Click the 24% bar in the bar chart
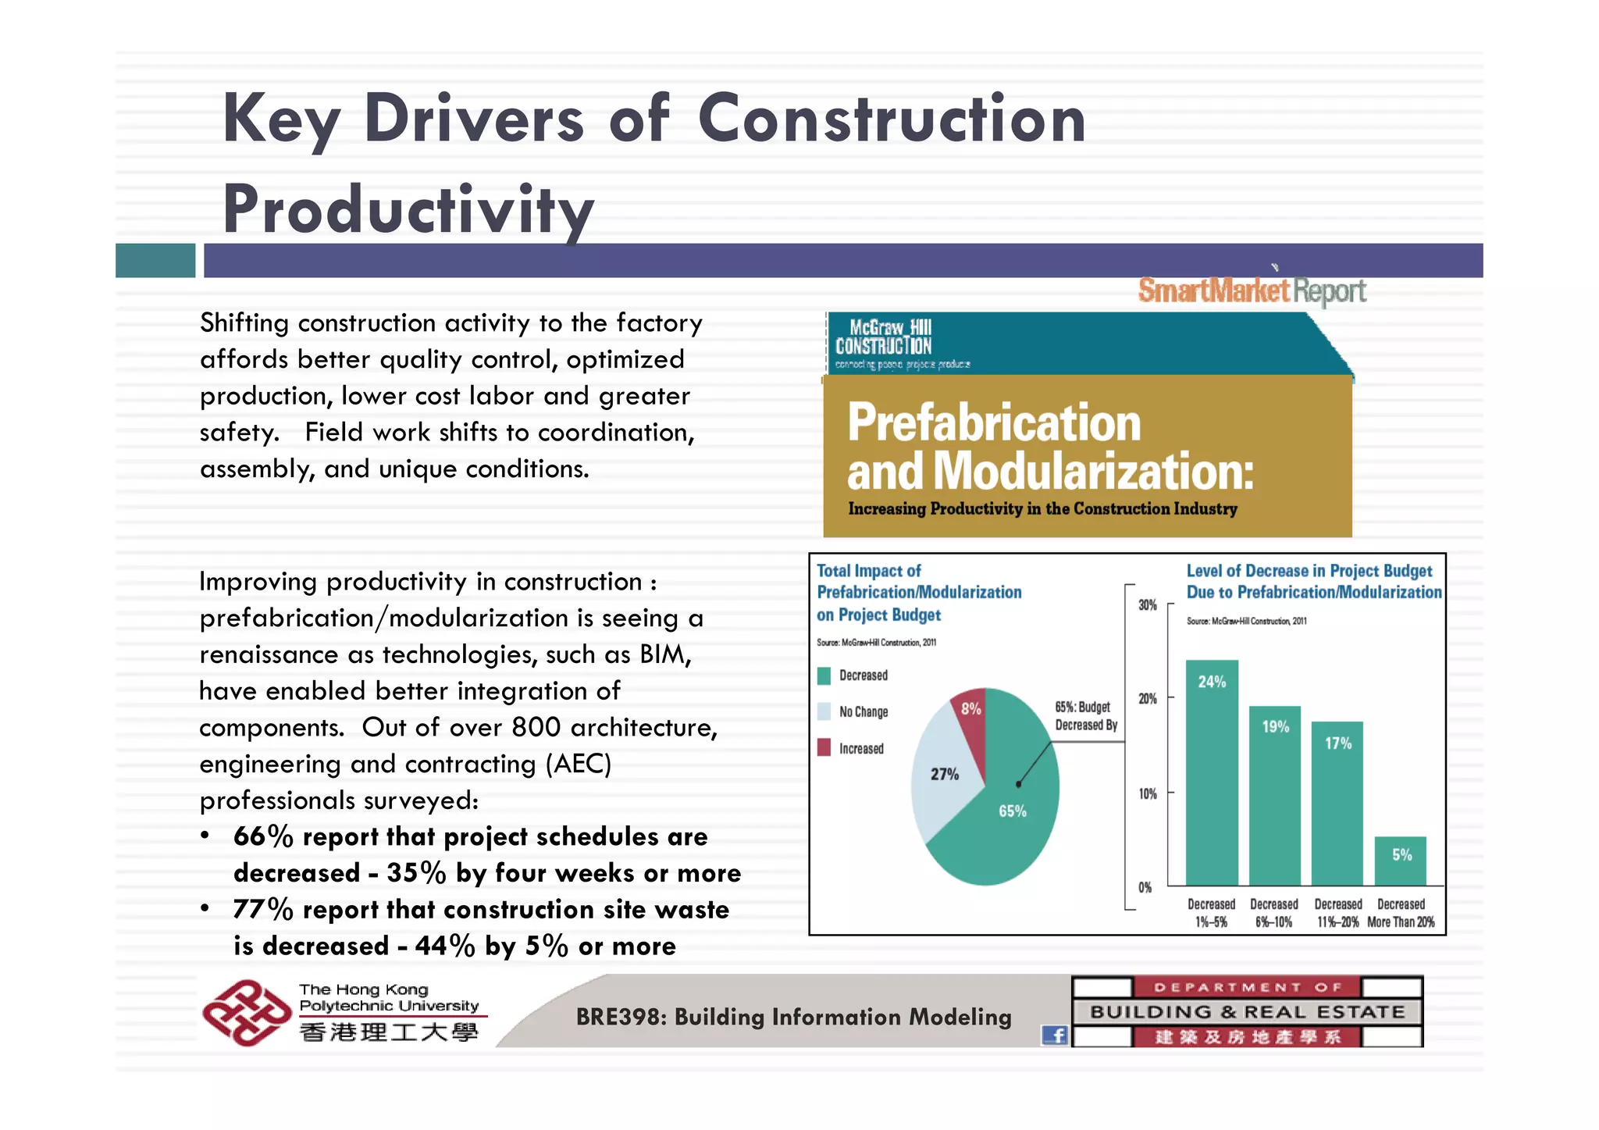click(x=1212, y=773)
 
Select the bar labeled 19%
click(x=1274, y=797)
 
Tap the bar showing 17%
click(x=1337, y=804)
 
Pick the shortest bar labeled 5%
click(x=1400, y=861)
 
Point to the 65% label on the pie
click(x=1013, y=811)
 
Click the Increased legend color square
click(x=824, y=747)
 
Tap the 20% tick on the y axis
click(x=1148, y=699)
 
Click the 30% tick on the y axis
click(x=1148, y=605)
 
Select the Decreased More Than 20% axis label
click(x=1401, y=913)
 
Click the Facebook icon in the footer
click(x=1055, y=1036)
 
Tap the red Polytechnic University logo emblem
click(x=246, y=1012)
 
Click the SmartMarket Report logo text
click(x=1252, y=291)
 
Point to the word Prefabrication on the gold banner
click(x=994, y=422)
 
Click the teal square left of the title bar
click(x=155, y=260)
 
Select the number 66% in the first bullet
click(x=262, y=836)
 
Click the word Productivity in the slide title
click(x=408, y=209)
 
